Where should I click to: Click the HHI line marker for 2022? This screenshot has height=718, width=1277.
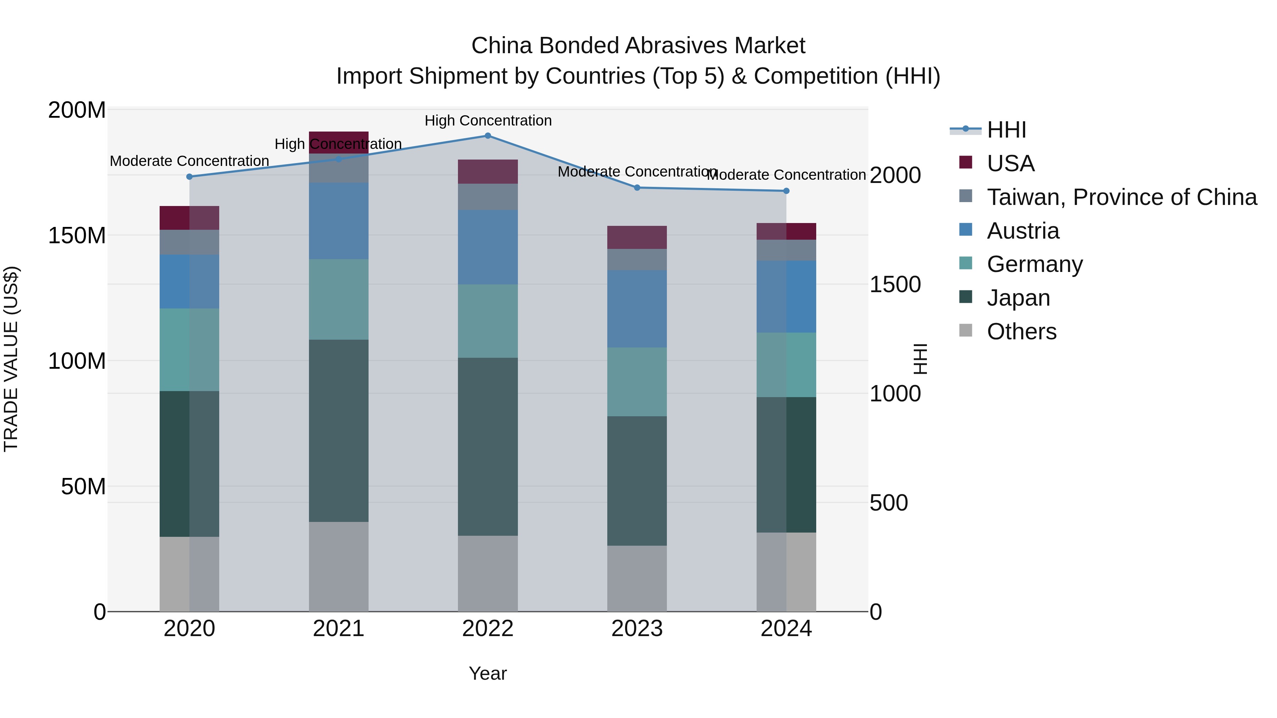488,136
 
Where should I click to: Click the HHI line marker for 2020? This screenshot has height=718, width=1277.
189,177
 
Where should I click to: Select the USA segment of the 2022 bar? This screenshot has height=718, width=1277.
488,172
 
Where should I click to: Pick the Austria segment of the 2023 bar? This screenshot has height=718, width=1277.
637,309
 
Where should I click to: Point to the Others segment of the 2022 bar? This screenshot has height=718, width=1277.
488,573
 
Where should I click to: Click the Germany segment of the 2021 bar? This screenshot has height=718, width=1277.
339,299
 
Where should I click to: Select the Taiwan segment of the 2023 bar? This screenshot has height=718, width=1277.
637,260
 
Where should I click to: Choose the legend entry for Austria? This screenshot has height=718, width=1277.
1023,231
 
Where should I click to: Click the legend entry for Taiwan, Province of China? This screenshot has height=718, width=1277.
1121,197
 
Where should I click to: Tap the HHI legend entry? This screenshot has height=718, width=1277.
1006,130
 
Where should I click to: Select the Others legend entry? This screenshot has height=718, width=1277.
1021,332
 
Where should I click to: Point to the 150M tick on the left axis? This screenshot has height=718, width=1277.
77,235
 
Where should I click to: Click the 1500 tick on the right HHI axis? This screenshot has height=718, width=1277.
895,284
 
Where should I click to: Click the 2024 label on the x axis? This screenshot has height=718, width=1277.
786,629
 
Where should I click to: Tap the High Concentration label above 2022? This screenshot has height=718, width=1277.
488,121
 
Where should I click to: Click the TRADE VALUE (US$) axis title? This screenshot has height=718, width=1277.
11,359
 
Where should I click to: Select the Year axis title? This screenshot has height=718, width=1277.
488,673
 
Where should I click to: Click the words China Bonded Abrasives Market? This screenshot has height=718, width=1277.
638,46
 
